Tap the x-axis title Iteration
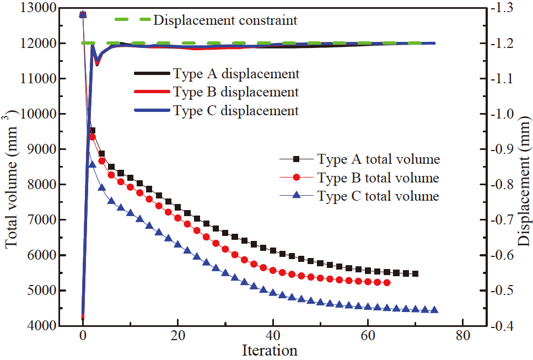(x=270, y=350)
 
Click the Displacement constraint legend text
(x=225, y=21)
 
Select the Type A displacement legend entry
(x=236, y=73)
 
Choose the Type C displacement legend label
(x=236, y=111)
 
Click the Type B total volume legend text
(x=378, y=178)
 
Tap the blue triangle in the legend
(x=296, y=196)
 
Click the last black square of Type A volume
(x=415, y=273)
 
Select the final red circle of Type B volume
(x=387, y=282)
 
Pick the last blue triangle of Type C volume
(x=434, y=310)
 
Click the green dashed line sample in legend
(x=132, y=21)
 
